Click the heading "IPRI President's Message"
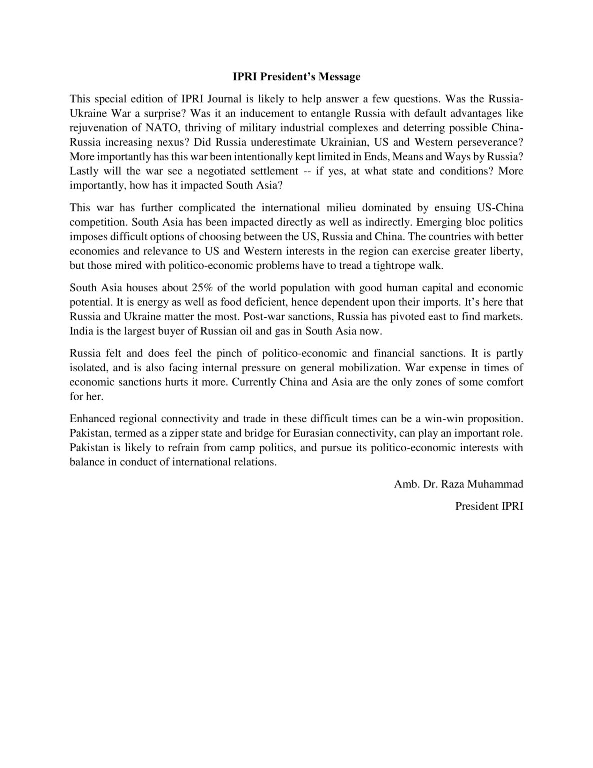click(x=296, y=77)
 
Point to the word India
click(x=81, y=331)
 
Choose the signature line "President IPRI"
click(x=489, y=506)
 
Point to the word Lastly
click(x=84, y=171)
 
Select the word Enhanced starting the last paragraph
click(x=92, y=418)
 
